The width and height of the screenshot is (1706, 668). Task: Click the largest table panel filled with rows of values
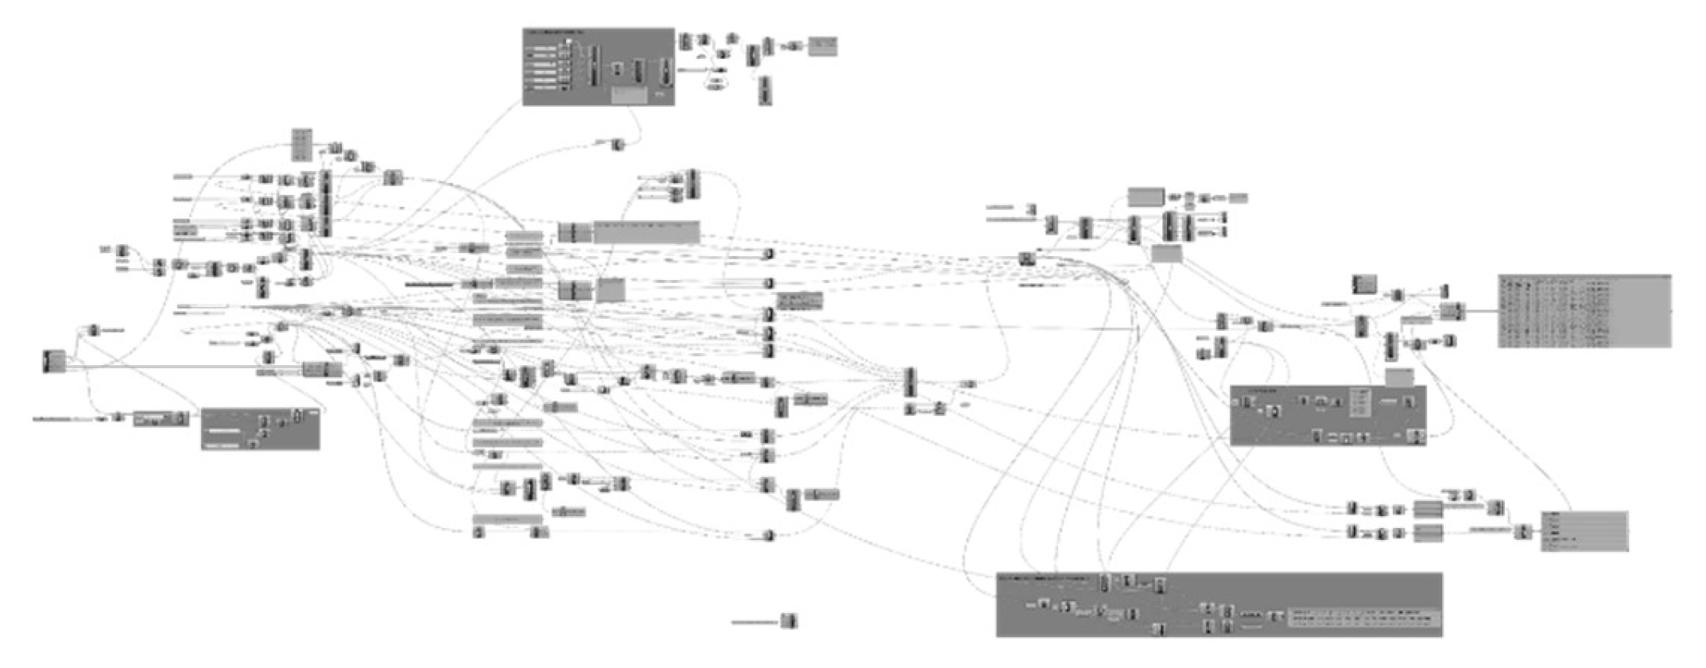1584,311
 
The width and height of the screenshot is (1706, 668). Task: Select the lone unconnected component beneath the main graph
788,620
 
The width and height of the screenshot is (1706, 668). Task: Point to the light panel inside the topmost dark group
630,95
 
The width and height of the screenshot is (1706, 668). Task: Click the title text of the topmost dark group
556,33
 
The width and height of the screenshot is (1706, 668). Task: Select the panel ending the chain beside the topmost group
822,47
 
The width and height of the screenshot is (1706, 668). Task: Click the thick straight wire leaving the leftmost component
183,367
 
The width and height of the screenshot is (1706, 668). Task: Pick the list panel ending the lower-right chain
1584,531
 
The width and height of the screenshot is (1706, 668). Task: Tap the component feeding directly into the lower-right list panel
1522,531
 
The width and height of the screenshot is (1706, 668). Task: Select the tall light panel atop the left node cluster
301,145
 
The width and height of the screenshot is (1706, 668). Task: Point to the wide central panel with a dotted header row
646,231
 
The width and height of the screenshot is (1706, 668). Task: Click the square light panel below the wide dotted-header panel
611,289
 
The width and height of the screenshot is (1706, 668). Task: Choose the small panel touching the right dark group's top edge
1399,377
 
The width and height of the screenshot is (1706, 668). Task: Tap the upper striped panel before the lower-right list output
1429,509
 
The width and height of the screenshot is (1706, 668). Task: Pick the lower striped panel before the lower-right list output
1429,532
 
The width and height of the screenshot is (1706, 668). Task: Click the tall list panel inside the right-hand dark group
1360,401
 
